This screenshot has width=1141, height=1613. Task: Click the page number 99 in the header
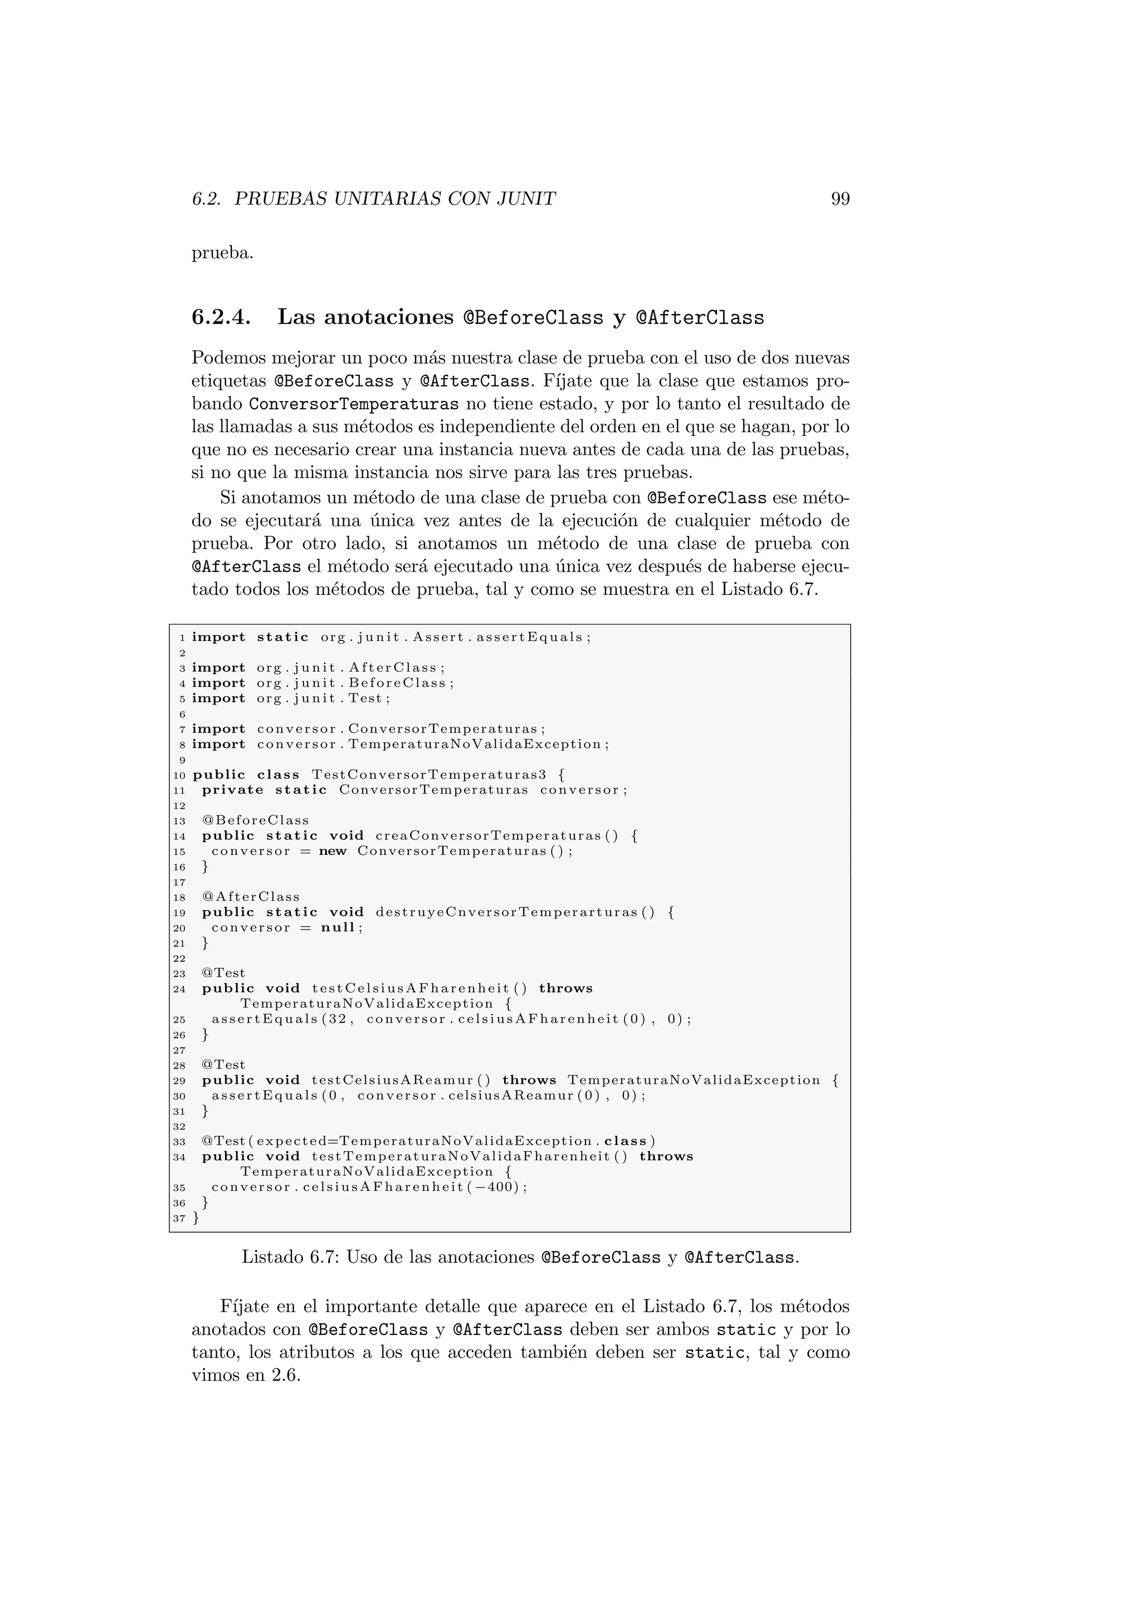click(840, 199)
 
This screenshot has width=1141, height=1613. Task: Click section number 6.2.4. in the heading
click(221, 317)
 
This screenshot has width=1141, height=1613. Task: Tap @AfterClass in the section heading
click(699, 318)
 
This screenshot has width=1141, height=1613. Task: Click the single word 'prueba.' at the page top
click(222, 253)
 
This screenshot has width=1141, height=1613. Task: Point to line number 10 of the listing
click(179, 776)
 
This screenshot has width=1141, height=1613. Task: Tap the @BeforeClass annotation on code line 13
click(255, 820)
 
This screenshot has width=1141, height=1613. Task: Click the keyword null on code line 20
click(338, 928)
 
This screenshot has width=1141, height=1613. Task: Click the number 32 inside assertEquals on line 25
click(338, 1019)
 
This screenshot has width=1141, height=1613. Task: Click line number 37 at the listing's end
click(179, 1218)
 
